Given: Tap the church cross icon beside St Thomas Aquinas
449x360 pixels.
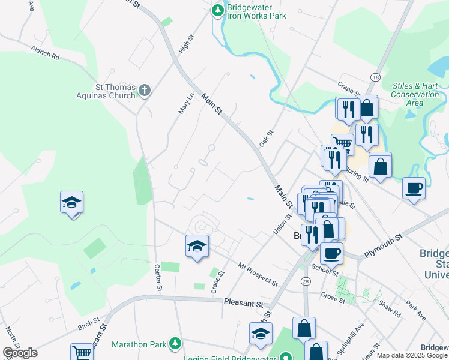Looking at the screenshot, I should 144,91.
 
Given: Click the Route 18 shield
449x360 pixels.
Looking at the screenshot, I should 375,77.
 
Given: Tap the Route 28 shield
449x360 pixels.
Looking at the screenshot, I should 306,281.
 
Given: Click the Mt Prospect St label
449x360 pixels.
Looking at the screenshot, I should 258,274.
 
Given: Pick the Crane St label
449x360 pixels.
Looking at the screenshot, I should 217,282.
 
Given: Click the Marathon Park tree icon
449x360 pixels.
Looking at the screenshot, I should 175,343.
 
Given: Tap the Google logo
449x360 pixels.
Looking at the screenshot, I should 20,353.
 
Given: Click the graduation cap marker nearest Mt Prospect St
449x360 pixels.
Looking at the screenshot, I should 197,246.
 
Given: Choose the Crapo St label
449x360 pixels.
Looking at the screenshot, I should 349,89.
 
